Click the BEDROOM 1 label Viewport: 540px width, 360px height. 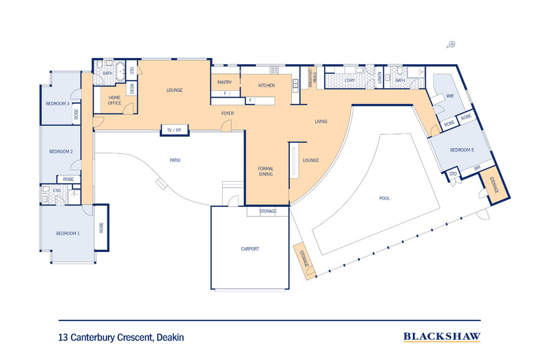(68, 234)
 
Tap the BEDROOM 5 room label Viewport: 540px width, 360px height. (461, 150)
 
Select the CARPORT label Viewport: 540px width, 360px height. (250, 249)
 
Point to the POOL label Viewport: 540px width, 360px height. (384, 198)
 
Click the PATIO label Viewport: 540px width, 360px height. (176, 161)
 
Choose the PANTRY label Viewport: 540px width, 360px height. (225, 82)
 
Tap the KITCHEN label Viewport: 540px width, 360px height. (267, 85)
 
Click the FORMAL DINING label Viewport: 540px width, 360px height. (266, 171)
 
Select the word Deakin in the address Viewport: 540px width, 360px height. (170, 337)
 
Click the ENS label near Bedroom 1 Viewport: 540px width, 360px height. (57, 190)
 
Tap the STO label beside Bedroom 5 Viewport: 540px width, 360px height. (453, 175)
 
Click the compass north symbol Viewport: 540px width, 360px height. (452, 45)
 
